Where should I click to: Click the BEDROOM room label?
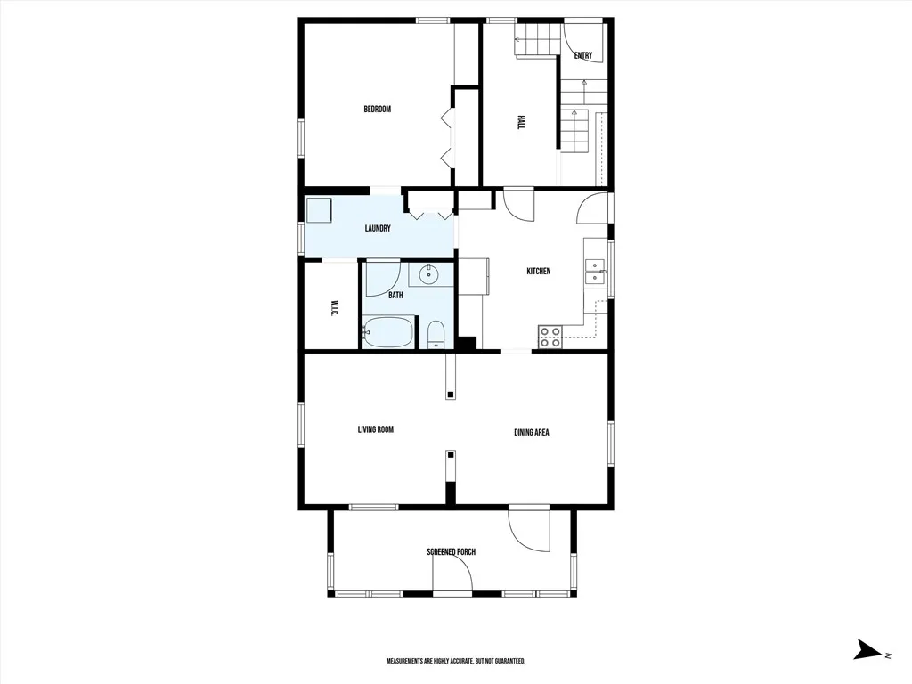tap(377, 109)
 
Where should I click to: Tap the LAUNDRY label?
tap(378, 229)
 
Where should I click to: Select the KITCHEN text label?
tap(539, 271)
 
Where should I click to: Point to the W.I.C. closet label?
tap(334, 308)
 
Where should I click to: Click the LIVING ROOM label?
tap(376, 430)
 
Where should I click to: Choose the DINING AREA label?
tap(532, 432)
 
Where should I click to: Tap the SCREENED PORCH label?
tap(452, 551)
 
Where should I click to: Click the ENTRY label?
tap(582, 56)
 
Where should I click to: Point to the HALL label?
tap(520, 122)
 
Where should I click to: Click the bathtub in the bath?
tap(388, 333)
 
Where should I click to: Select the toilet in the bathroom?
tap(436, 336)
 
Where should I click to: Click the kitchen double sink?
tap(596, 271)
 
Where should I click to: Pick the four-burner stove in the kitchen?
tap(550, 337)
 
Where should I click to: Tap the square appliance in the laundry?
tap(319, 210)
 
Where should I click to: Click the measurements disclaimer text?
tap(456, 662)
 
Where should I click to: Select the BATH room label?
tap(395, 296)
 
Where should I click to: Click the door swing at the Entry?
tap(584, 42)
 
